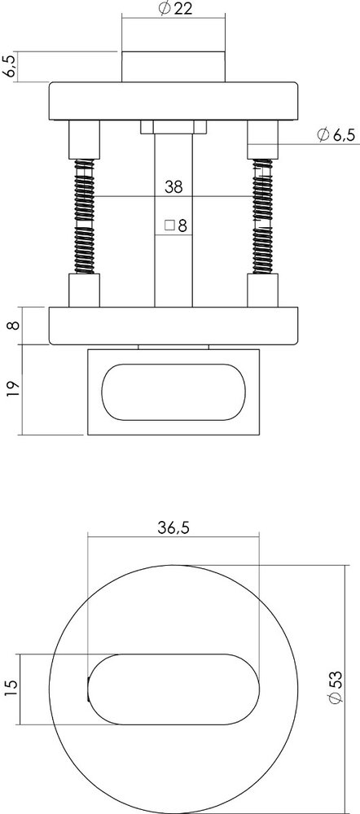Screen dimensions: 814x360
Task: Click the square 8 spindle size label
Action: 176,225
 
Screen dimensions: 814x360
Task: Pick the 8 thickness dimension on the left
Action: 10,327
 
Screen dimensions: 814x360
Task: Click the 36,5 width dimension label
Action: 173,528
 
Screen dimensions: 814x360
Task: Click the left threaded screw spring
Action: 84,217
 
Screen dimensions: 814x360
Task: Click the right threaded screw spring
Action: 261,217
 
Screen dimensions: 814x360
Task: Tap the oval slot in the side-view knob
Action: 173,392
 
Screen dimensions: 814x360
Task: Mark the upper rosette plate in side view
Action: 173,101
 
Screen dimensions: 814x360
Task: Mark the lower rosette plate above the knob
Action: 173,326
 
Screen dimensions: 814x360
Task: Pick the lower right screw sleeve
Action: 261,291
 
